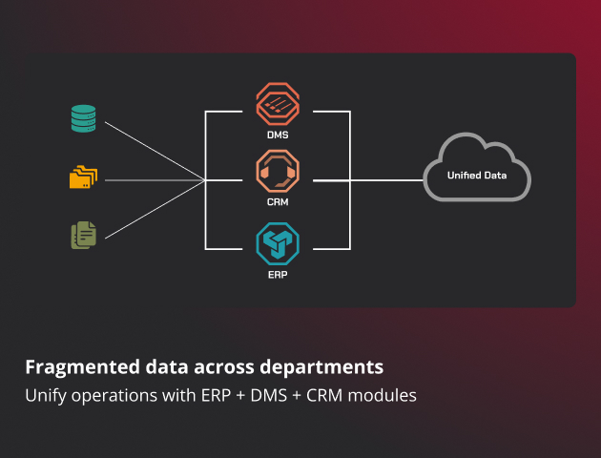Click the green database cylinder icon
[83, 119]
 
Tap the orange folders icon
[83, 177]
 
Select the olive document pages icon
[83, 235]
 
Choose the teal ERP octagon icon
[278, 243]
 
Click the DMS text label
[278, 135]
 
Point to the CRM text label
[278, 202]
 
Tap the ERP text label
[278, 274]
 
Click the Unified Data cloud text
[477, 176]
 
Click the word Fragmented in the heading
[77, 367]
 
